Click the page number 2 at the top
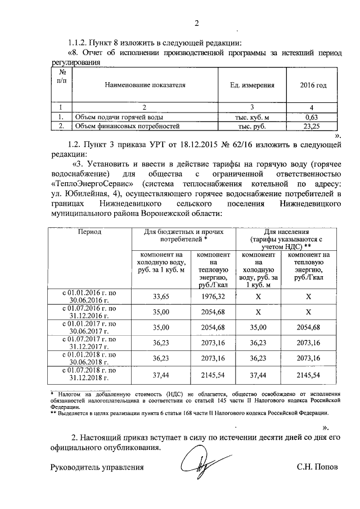(x=196, y=23)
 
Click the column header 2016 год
(x=314, y=85)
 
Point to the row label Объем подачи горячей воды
(x=112, y=117)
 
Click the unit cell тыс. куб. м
(x=251, y=117)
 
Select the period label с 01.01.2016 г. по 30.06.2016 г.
(x=89, y=296)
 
